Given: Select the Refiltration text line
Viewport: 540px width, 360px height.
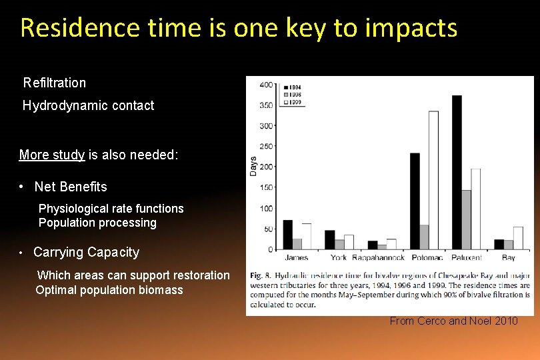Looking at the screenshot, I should pyautogui.click(x=55, y=83).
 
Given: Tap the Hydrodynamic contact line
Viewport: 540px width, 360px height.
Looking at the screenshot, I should pyautogui.click(x=88, y=105).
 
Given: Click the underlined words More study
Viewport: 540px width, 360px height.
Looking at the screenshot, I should pyautogui.click(x=52, y=155).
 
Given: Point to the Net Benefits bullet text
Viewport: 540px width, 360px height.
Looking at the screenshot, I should pyautogui.click(x=71, y=187).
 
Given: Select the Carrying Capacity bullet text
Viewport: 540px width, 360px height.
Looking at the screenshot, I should pyautogui.click(x=87, y=252).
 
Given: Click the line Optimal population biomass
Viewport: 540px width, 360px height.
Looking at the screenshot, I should pyautogui.click(x=109, y=290).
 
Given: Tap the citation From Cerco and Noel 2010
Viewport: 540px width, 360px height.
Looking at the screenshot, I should pyautogui.click(x=453, y=321).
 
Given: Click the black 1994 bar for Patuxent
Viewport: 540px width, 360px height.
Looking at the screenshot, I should pyautogui.click(x=457, y=173).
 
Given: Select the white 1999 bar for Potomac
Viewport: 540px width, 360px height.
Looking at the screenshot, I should pyautogui.click(x=433, y=181).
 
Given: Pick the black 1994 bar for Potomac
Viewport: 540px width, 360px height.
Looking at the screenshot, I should pyautogui.click(x=415, y=201).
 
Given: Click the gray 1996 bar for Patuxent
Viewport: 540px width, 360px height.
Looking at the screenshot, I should pyautogui.click(x=466, y=220).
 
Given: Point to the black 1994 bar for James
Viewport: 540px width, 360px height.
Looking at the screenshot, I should pyautogui.click(x=288, y=235).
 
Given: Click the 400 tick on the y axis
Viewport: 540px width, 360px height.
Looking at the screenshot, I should pyautogui.click(x=266, y=85).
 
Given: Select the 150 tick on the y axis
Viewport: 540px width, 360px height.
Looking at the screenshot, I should pyautogui.click(x=266, y=188).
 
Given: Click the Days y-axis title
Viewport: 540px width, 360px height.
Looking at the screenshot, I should pyautogui.click(x=253, y=167).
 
